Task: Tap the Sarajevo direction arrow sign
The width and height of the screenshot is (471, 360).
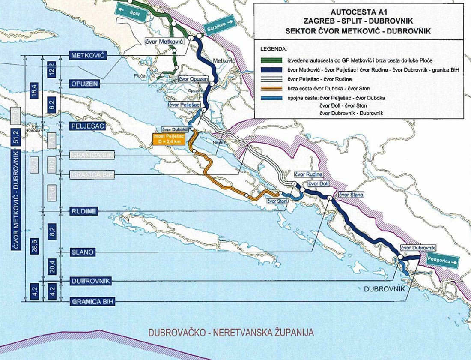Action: pos(218,26)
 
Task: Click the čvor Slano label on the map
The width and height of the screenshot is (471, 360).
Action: pos(351,195)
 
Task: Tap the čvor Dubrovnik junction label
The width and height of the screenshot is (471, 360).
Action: pos(418,248)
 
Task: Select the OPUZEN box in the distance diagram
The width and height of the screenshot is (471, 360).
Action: pos(84,83)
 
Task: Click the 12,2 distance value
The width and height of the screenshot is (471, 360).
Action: pos(51,69)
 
